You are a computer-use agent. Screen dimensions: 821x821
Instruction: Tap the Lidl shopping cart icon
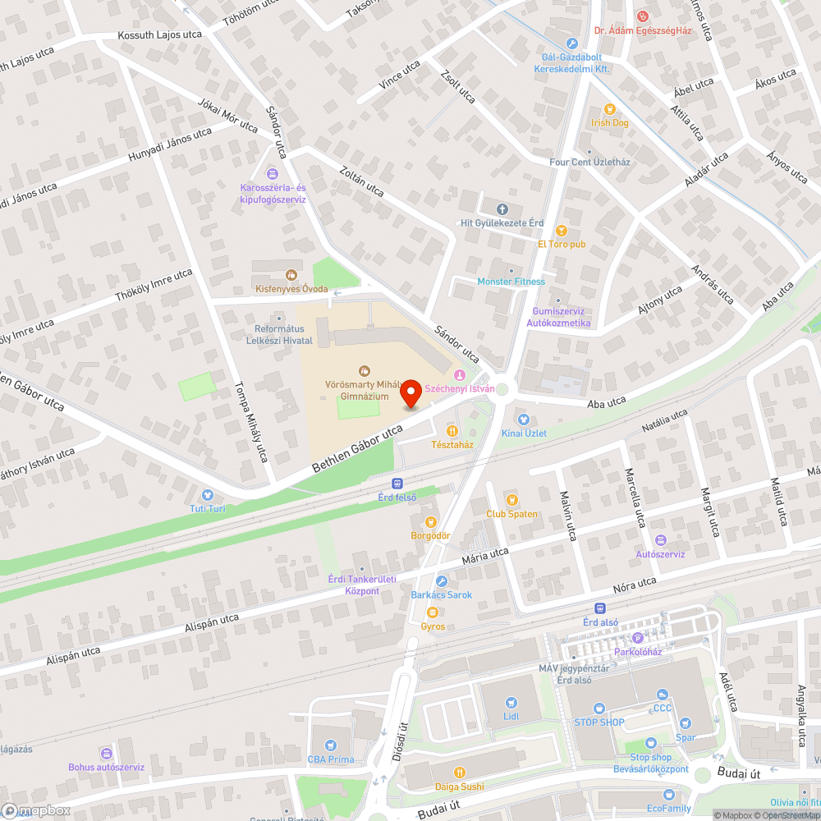click(511, 703)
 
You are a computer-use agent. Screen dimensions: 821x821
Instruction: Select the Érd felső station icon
click(397, 484)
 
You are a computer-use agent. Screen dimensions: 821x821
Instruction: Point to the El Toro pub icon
click(562, 231)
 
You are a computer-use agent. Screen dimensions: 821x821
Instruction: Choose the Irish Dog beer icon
click(609, 108)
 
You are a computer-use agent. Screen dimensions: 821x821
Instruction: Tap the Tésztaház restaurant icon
click(452, 430)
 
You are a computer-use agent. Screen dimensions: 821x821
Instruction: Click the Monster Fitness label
click(511, 282)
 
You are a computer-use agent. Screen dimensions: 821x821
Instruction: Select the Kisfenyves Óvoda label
click(291, 289)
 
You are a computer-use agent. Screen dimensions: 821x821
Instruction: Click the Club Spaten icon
click(511, 500)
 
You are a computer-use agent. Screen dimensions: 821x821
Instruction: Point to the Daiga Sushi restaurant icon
click(460, 772)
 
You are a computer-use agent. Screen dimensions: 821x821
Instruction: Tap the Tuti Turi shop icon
click(207, 495)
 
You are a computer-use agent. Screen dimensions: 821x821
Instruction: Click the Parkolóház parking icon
click(637, 639)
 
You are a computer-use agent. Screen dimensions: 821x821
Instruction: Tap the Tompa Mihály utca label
click(250, 422)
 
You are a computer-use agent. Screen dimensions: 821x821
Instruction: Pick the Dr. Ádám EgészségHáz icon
click(644, 16)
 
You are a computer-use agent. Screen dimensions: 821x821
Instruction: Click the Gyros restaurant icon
click(433, 612)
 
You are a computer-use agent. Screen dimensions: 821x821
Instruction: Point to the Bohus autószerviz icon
click(106, 754)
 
